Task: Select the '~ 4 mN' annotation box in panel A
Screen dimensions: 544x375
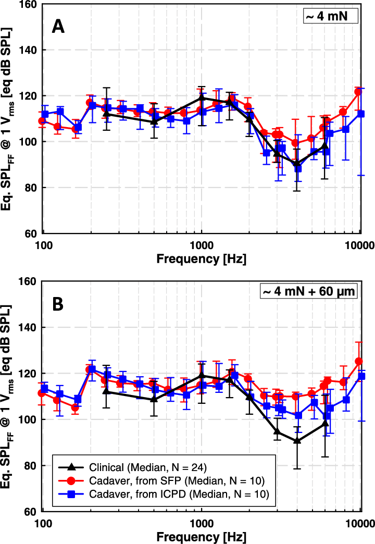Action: pos(330,16)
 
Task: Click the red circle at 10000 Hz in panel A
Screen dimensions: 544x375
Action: pos(358,92)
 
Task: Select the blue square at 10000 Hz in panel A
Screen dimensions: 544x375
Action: pos(360,114)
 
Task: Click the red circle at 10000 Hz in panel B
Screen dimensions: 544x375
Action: pos(358,361)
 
